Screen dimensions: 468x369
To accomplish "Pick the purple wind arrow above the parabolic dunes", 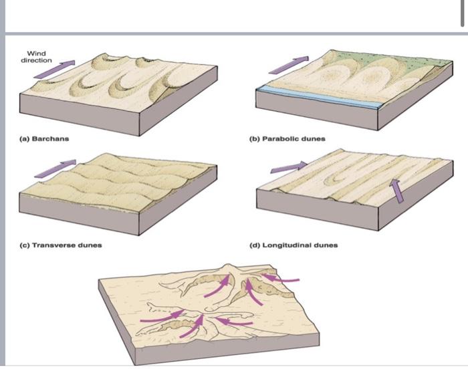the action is (x=287, y=64).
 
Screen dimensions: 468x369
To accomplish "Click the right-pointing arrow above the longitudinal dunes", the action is (x=289, y=166).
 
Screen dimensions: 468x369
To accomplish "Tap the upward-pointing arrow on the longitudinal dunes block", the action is (x=397, y=191).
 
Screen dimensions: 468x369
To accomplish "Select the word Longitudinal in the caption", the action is (x=285, y=245).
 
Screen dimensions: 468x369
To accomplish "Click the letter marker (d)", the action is (x=254, y=245).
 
